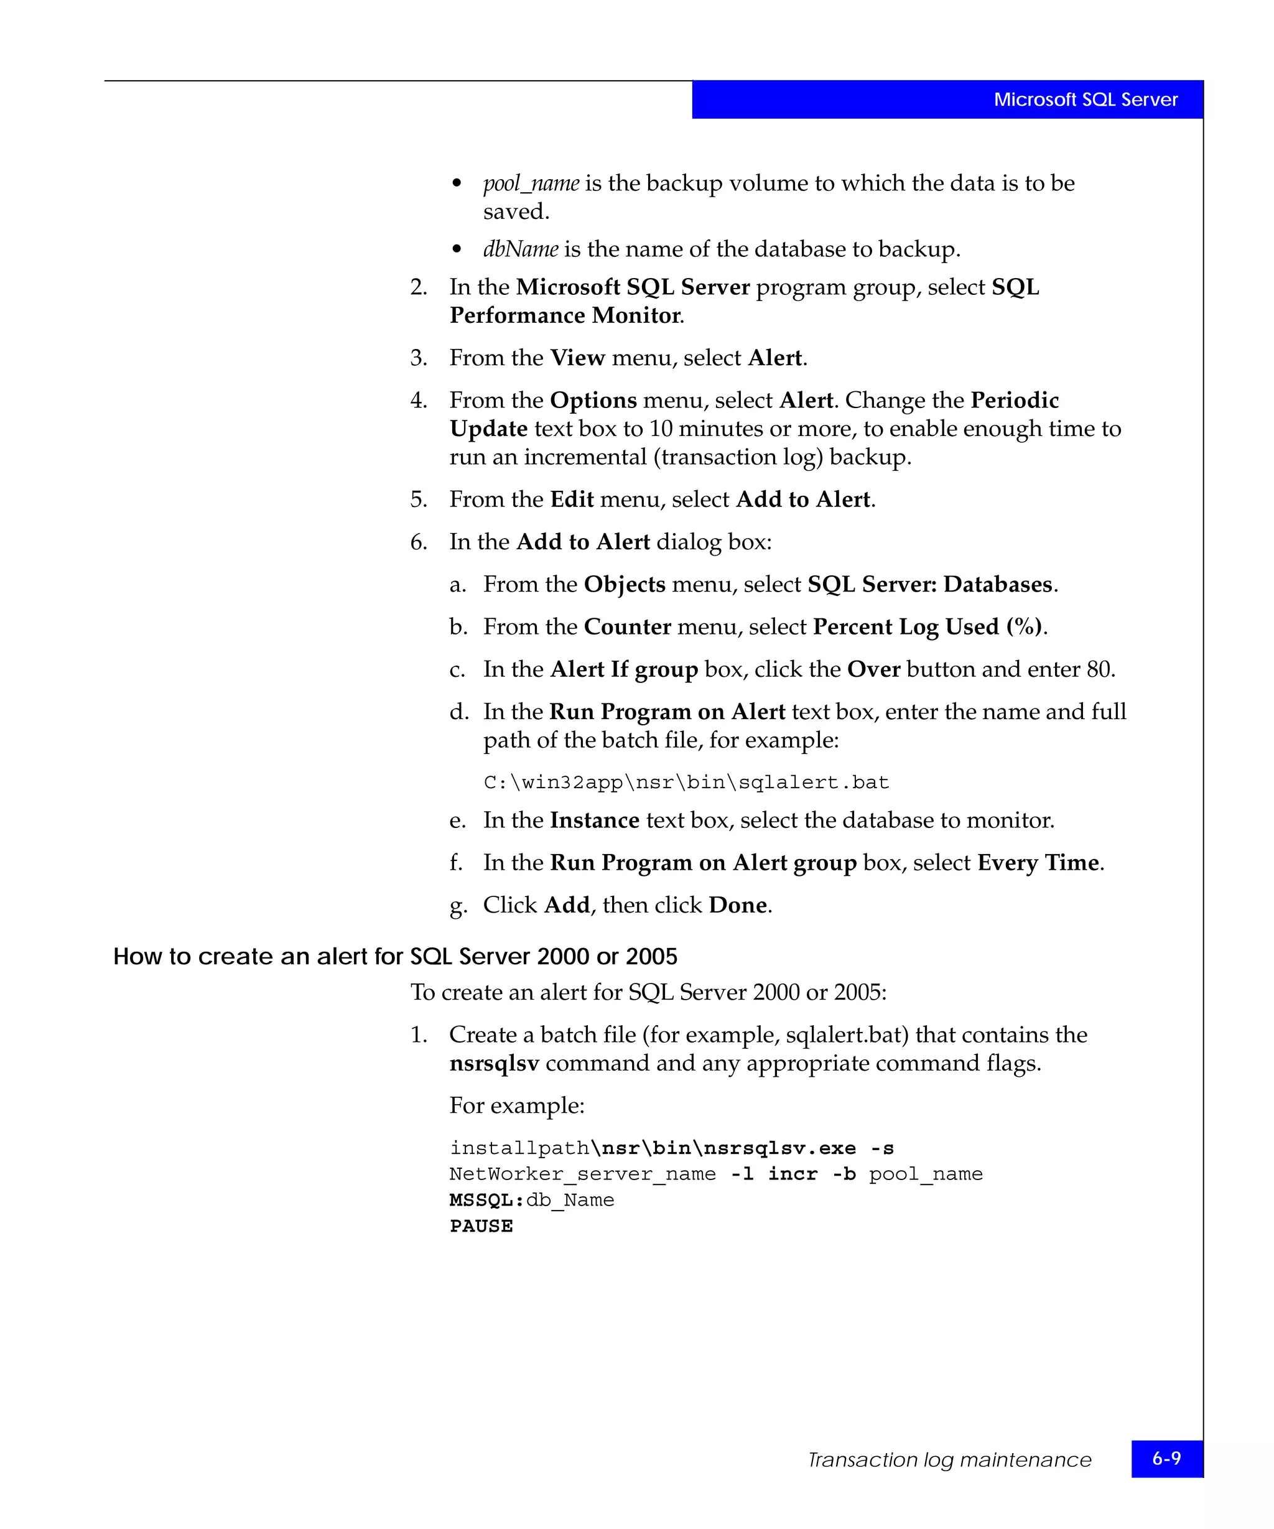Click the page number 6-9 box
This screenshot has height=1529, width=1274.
(x=1166, y=1458)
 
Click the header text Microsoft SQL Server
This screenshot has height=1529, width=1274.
(x=1085, y=100)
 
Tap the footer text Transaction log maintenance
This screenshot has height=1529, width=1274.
(x=949, y=1460)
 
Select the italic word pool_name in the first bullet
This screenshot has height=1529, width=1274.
(x=531, y=184)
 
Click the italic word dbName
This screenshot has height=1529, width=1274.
(x=521, y=249)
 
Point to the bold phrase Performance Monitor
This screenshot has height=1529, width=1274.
(x=565, y=316)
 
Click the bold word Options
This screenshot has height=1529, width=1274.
(x=593, y=401)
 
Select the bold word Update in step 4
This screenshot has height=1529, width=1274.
(x=488, y=429)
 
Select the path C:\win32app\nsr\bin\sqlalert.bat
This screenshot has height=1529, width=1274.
(x=686, y=783)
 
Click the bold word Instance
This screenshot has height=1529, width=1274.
(x=594, y=820)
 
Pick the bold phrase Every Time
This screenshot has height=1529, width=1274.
(x=1038, y=863)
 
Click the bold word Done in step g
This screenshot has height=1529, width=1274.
(x=737, y=905)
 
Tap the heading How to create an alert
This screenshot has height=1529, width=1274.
(x=394, y=956)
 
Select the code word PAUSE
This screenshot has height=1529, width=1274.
(x=481, y=1226)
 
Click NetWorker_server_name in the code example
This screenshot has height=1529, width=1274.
(x=582, y=1174)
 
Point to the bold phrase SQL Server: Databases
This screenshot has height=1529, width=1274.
(x=929, y=585)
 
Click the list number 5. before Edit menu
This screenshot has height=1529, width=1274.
(x=418, y=500)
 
